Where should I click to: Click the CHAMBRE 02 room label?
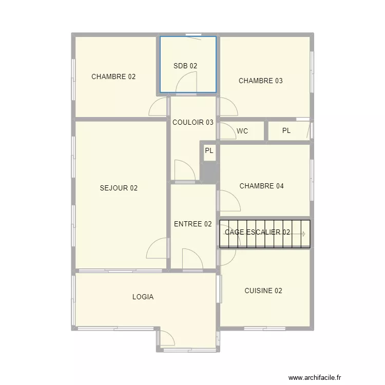pyautogui.click(x=113, y=77)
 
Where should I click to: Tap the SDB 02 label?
pyautogui.click(x=185, y=66)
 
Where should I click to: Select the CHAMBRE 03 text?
pyautogui.click(x=261, y=81)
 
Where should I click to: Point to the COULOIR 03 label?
pyautogui.click(x=193, y=123)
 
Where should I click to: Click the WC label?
pyautogui.click(x=242, y=131)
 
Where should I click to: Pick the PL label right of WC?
pyautogui.click(x=286, y=131)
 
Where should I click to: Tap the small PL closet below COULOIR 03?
pyautogui.click(x=209, y=151)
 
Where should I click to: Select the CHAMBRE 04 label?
pyautogui.click(x=262, y=186)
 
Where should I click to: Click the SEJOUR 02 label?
pyautogui.click(x=119, y=188)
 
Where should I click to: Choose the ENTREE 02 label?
pyautogui.click(x=193, y=224)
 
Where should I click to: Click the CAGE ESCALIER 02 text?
pyautogui.click(x=258, y=233)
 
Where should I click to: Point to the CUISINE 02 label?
pyautogui.click(x=263, y=291)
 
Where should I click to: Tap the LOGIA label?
pyautogui.click(x=143, y=297)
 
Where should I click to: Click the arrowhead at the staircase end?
pyautogui.click(x=303, y=234)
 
